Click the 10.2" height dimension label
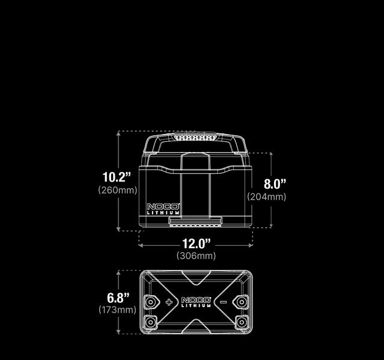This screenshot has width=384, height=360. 117,177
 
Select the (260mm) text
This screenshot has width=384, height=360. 117,190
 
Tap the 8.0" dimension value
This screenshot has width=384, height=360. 275,184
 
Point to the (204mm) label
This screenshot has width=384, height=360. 267,197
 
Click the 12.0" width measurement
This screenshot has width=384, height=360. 197,243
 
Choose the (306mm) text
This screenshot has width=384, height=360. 196,256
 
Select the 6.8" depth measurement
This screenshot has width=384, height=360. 118,297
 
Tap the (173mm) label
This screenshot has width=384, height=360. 117,310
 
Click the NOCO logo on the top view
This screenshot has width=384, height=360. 196,299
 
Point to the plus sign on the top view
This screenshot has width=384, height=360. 169,302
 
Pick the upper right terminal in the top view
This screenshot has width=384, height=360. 242,301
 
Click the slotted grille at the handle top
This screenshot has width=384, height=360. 195,138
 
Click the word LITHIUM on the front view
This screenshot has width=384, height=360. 163,213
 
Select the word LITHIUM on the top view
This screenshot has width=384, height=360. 196,306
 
